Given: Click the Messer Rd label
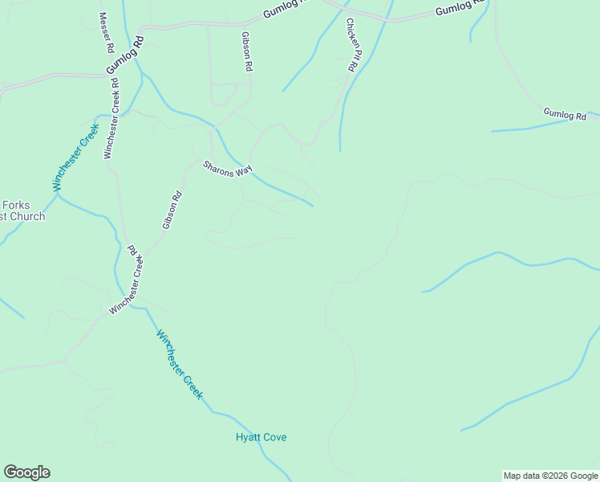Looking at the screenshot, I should point(105,33).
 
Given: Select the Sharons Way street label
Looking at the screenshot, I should point(228,170).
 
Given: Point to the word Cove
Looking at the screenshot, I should point(274,437).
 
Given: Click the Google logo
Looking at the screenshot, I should point(26,472).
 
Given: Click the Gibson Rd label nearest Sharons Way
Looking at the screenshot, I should point(172,210).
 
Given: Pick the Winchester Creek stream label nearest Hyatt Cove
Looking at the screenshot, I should point(180,365).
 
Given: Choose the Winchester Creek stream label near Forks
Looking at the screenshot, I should point(76,156).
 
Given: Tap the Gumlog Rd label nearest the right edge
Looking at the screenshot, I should point(565,114).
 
